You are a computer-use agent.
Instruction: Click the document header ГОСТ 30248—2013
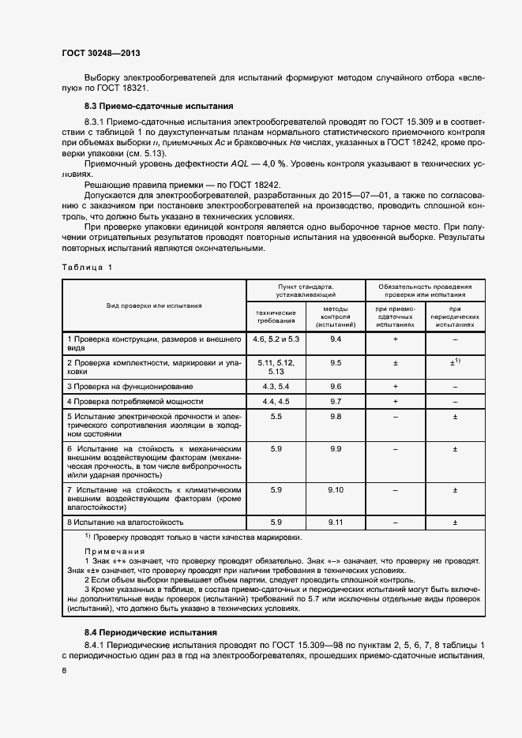[100, 54]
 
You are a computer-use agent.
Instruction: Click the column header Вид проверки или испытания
[155, 305]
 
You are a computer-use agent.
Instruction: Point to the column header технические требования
[276, 317]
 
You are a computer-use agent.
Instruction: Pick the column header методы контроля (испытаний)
[336, 317]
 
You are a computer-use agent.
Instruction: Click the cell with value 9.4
[336, 339]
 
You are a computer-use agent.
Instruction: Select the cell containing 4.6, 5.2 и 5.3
[276, 339]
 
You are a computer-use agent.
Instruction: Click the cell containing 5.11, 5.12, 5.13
[276, 366]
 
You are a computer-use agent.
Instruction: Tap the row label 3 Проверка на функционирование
[130, 387]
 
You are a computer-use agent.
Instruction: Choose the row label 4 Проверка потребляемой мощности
[134, 402]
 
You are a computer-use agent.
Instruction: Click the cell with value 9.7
[336, 402]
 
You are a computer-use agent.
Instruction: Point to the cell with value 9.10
[336, 490]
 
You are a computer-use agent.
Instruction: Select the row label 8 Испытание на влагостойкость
[126, 523]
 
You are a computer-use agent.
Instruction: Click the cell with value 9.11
[336, 523]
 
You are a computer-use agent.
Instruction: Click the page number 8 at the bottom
[63, 669]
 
